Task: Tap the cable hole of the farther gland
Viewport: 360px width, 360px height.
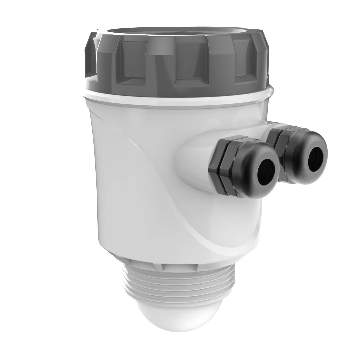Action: coord(315,159)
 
